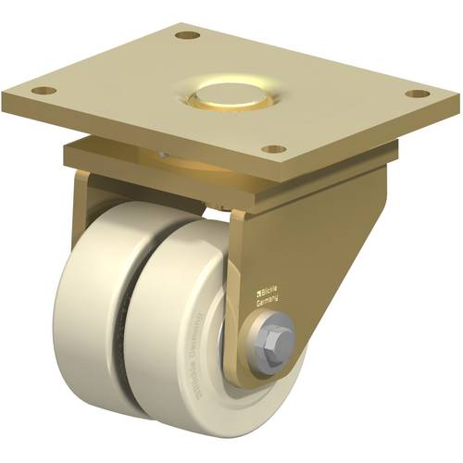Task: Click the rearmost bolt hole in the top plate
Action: (x=188, y=35)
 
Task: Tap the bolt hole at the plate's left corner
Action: (x=41, y=91)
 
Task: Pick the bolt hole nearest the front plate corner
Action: (x=271, y=148)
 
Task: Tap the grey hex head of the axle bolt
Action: (x=276, y=332)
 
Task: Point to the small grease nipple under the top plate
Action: (x=161, y=155)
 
